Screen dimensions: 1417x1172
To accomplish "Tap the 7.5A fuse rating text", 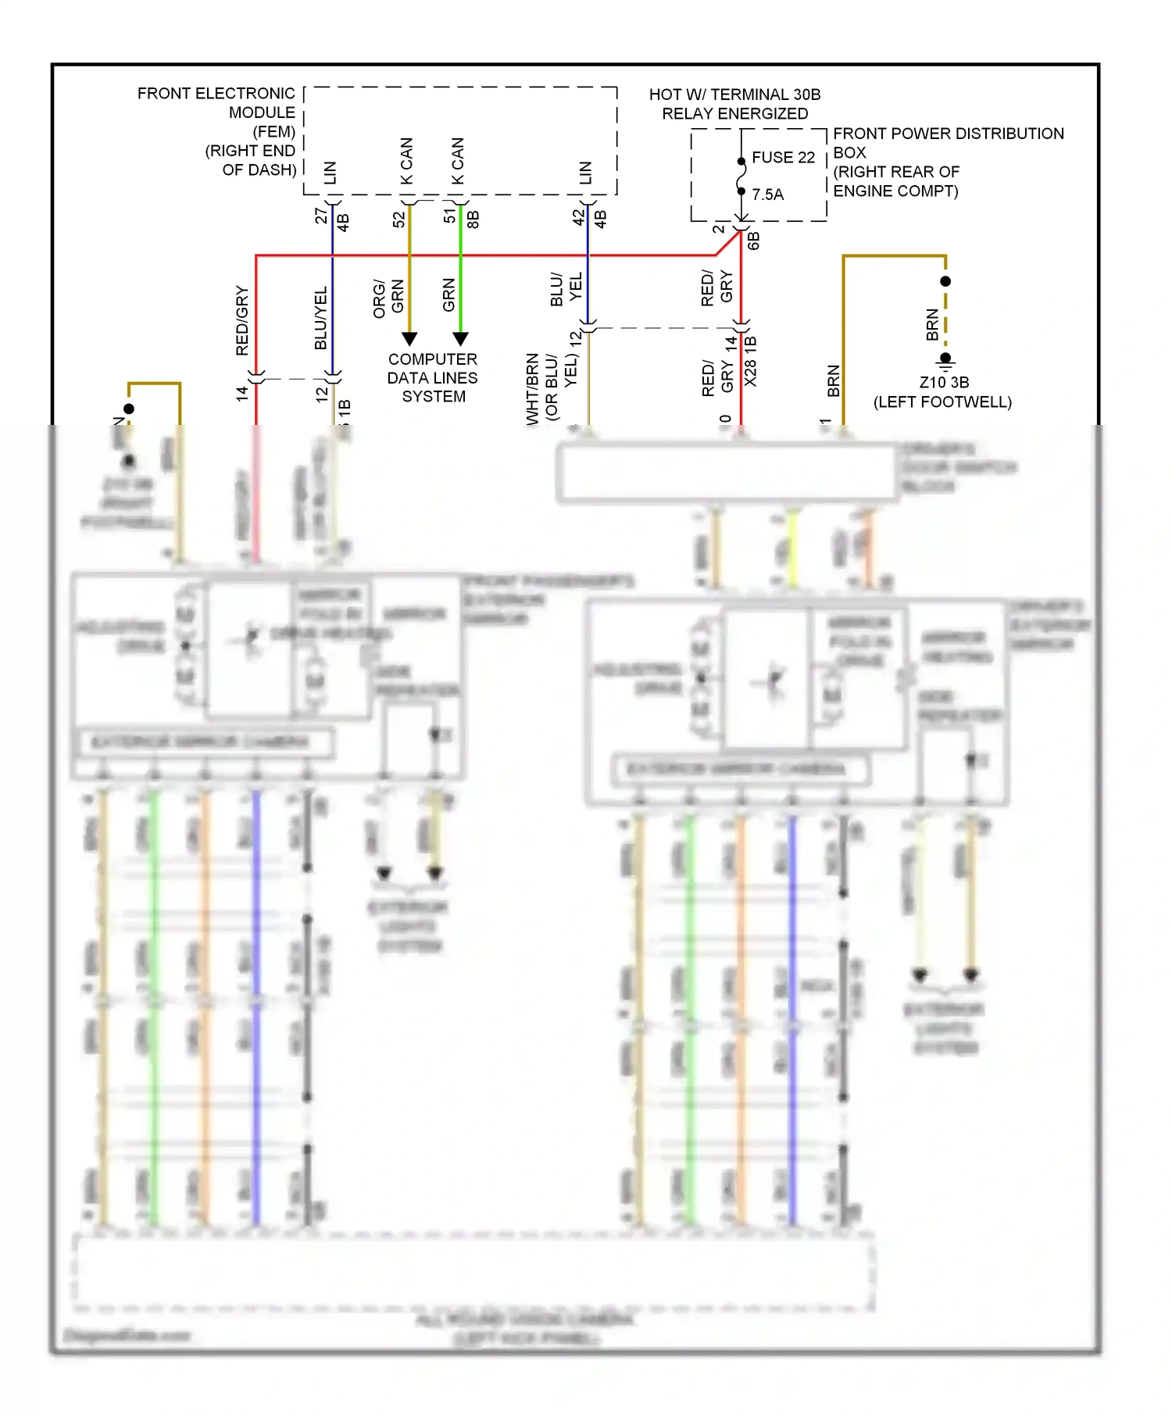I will [x=767, y=194].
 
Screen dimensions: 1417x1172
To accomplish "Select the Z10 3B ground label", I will [x=944, y=382].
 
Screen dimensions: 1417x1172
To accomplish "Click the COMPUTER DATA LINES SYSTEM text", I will [x=433, y=377].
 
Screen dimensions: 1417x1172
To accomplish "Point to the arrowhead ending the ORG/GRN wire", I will [x=409, y=339].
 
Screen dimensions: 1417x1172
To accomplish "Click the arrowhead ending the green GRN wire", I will [x=461, y=339].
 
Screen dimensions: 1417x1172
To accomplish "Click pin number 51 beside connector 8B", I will [x=449, y=216].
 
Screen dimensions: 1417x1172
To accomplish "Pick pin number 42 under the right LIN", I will [x=578, y=217].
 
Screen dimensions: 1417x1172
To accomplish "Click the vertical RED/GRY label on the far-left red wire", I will [x=242, y=320].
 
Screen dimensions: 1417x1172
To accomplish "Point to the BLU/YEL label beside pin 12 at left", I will [x=320, y=318].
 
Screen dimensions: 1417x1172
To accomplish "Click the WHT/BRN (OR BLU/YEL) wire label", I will [x=552, y=387].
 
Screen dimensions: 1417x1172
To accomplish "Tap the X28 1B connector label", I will [x=751, y=361].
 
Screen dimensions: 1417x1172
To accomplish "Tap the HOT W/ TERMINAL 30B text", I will [x=734, y=95].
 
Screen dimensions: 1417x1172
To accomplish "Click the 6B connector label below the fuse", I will [x=753, y=241].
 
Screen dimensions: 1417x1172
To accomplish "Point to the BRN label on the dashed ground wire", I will [x=932, y=325].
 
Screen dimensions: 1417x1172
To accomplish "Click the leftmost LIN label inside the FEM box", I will [x=331, y=173].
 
